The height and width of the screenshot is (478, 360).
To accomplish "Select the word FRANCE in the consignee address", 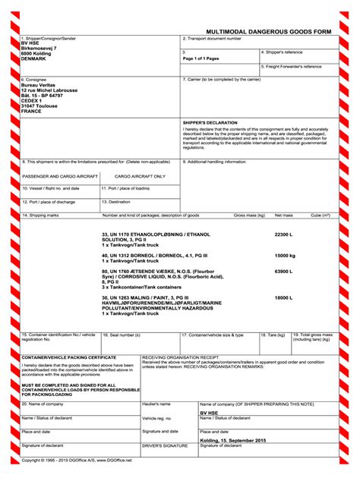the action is click(32, 111).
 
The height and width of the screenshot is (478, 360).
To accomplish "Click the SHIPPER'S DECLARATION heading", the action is click(211, 121).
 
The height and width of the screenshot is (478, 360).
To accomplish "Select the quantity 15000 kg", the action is click(285, 256).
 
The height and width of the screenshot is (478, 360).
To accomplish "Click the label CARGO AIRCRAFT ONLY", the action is click(140, 175).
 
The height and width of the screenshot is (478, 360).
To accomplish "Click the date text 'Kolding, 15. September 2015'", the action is click(233, 440).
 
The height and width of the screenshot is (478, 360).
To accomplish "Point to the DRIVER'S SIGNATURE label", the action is click(165, 445).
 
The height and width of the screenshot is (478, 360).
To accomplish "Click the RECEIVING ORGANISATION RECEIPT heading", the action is click(180, 356).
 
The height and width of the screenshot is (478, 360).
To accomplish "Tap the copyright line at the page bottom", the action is click(76, 460).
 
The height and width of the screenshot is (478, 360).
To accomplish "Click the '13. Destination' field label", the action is click(116, 202).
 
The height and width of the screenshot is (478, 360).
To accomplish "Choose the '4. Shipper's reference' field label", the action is click(283, 52).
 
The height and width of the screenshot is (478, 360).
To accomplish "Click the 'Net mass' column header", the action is click(283, 215).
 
